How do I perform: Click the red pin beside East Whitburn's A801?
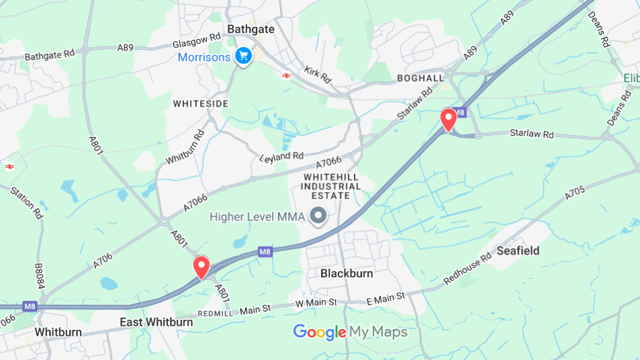tap(201, 267)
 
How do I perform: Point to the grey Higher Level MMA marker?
tap(319, 216)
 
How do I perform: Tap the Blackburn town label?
tap(347, 274)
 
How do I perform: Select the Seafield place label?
tap(518, 251)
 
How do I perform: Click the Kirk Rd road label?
tap(317, 75)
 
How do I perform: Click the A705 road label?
tap(575, 193)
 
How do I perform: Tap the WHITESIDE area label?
tap(201, 104)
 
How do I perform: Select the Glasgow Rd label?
tap(197, 40)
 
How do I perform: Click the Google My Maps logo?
tap(350, 332)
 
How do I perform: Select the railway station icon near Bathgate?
tap(287, 75)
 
